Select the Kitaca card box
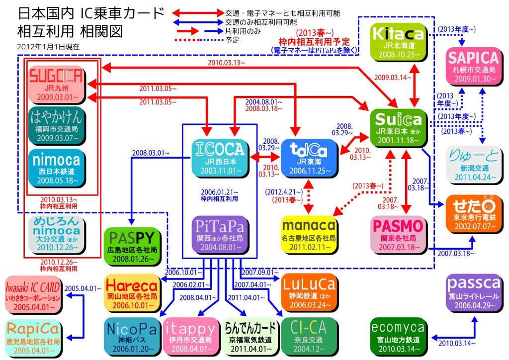[x=399, y=42]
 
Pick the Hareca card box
[x=131, y=292]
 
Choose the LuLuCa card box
[x=309, y=292]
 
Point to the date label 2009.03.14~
[x=390, y=77]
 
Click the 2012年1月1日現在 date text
[x=41, y=46]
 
